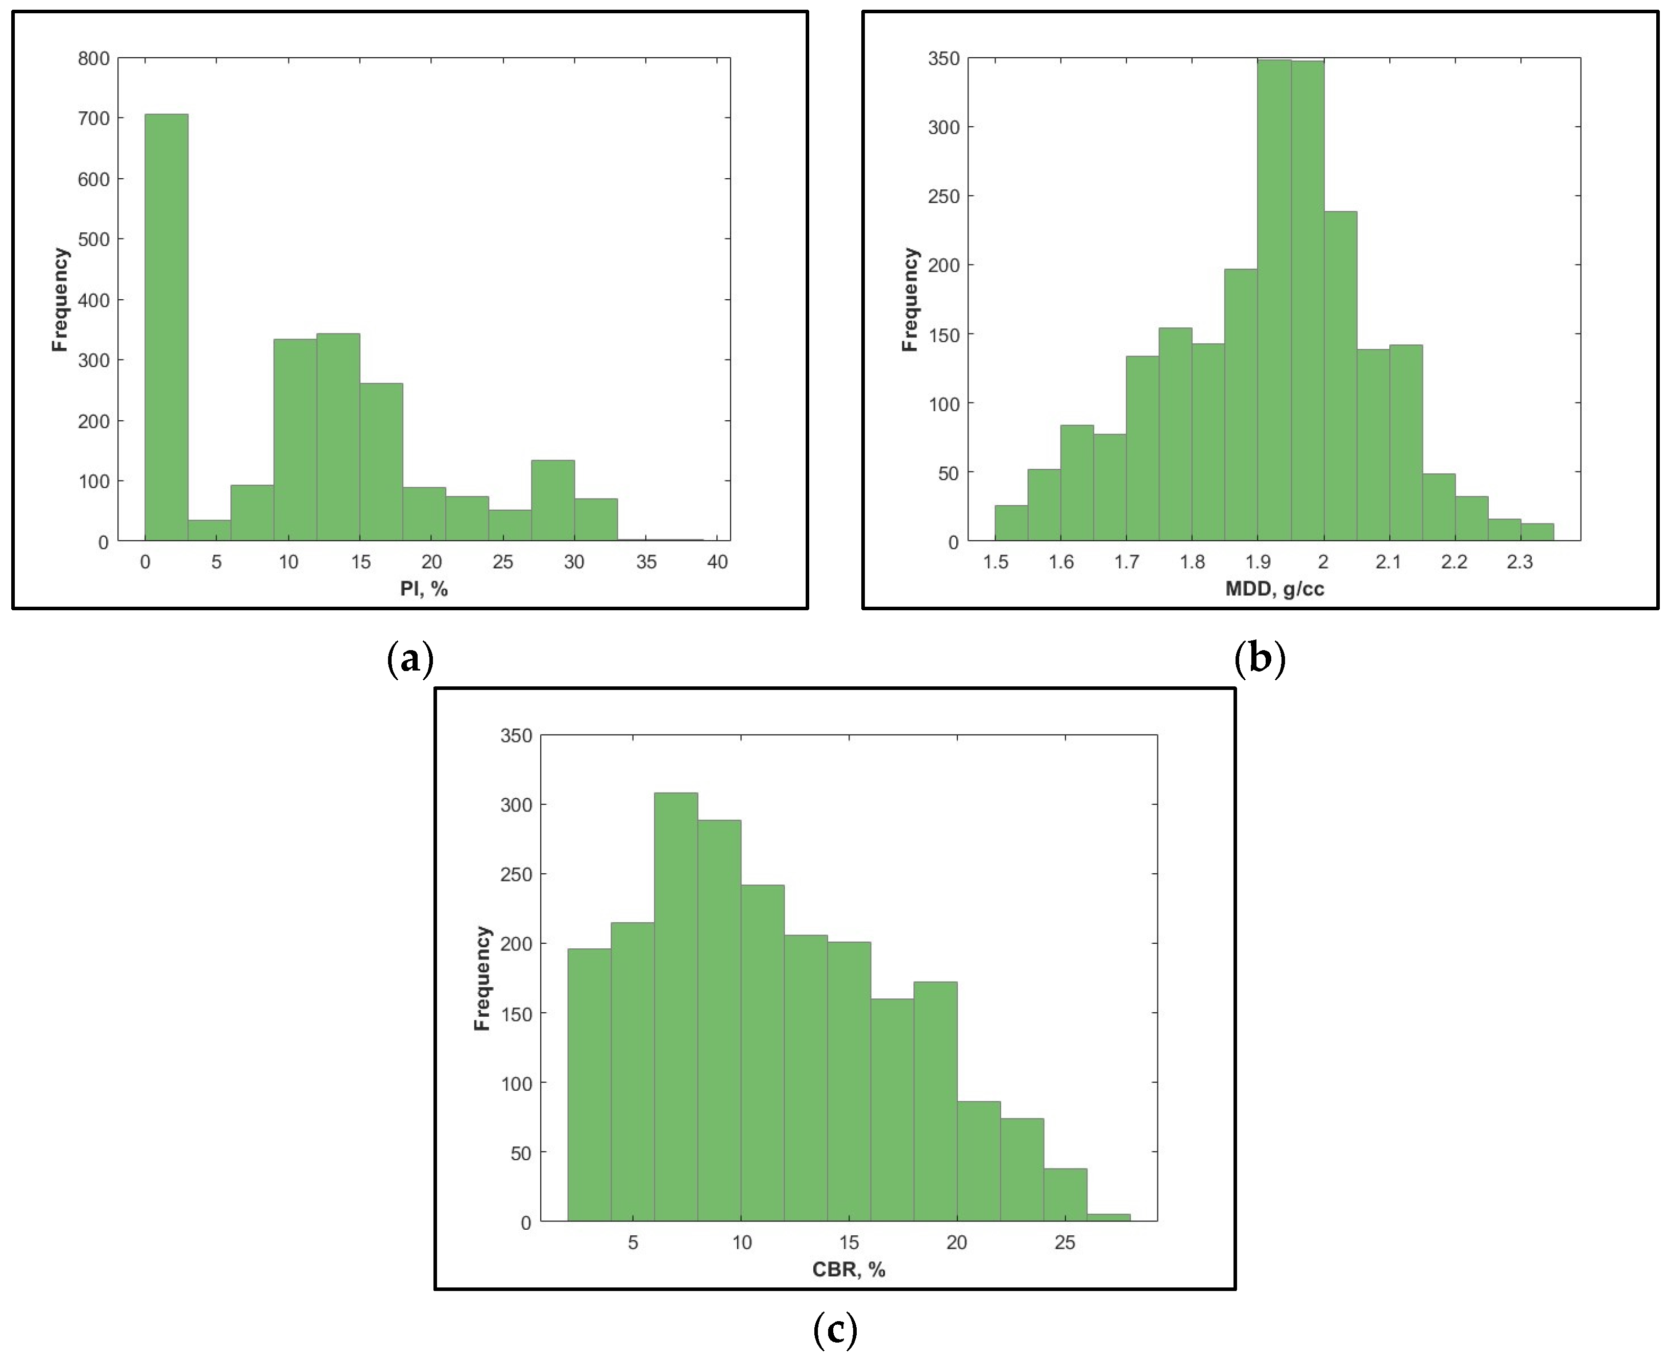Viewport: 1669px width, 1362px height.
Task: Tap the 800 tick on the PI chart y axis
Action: coord(94,59)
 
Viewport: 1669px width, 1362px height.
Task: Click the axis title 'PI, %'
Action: coord(424,588)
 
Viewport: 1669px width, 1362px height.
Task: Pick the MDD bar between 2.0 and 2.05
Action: coord(1340,376)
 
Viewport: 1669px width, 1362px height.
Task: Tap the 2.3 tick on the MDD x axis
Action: coord(1520,562)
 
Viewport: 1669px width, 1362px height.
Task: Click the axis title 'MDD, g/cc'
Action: coord(1274,588)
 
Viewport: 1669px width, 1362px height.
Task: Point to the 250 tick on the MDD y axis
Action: coord(944,196)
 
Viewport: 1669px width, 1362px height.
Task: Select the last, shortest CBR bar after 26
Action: coord(1108,1217)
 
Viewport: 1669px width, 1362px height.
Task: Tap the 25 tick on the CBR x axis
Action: coord(1065,1242)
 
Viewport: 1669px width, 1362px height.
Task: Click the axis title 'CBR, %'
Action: coord(849,1270)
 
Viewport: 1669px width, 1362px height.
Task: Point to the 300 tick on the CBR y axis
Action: coord(516,805)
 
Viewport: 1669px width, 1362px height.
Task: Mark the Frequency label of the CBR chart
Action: coord(482,978)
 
